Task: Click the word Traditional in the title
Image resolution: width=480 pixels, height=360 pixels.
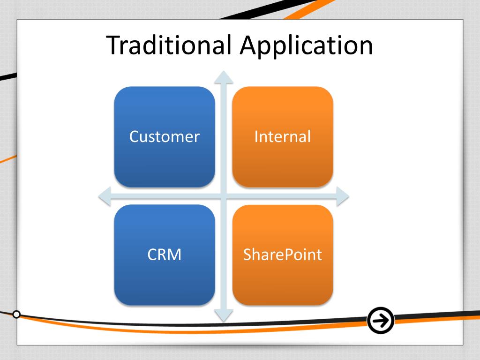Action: pos(169,45)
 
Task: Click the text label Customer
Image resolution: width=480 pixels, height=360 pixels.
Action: pos(165,137)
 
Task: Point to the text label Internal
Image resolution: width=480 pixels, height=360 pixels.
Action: pos(283,137)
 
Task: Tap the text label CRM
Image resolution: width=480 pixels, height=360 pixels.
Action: pos(165,255)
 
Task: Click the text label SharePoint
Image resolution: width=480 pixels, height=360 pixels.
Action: pos(283,255)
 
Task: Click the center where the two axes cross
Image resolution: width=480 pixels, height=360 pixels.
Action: pos(224,196)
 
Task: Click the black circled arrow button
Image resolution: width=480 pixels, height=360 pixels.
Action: pos(381,321)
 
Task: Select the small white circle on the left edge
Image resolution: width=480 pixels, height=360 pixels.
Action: pos(16,314)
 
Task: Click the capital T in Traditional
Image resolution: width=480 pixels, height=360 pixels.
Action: pos(114,45)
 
